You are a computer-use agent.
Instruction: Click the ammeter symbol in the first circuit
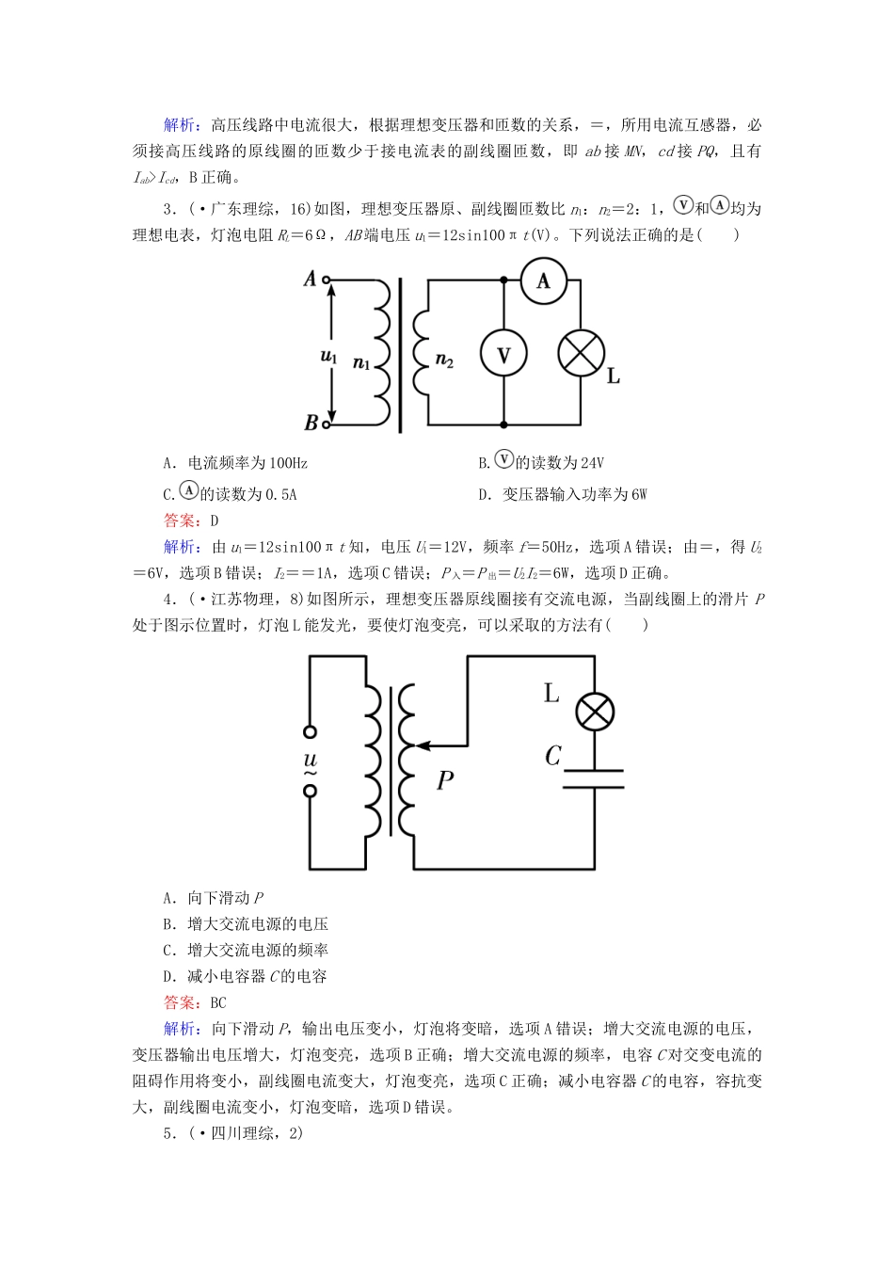pyautogui.click(x=543, y=280)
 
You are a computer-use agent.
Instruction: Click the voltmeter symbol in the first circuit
pyautogui.click(x=503, y=354)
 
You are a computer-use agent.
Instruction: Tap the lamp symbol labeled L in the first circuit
pyautogui.click(x=581, y=354)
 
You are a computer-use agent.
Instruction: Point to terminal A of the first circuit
pyautogui.click(x=327, y=280)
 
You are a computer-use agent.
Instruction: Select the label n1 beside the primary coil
pyautogui.click(x=361, y=362)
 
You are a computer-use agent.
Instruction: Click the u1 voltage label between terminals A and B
pyautogui.click(x=328, y=356)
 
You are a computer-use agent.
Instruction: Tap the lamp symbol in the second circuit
pyautogui.click(x=595, y=712)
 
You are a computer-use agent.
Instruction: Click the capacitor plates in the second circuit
pyautogui.click(x=594, y=779)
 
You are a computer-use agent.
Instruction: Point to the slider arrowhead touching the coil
pyautogui.click(x=421, y=745)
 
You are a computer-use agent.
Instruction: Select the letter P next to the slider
pyautogui.click(x=445, y=780)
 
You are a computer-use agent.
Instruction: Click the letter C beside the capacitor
pyautogui.click(x=553, y=755)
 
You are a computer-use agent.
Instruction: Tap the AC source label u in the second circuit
pyautogui.click(x=311, y=760)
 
